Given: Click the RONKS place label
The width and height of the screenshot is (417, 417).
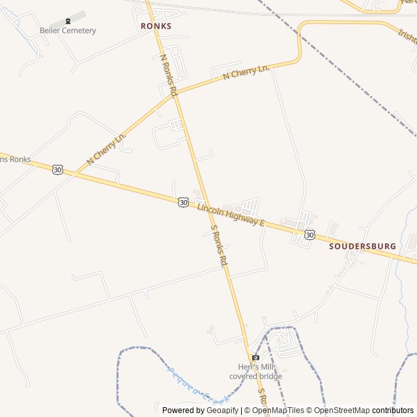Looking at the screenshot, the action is pyautogui.click(x=156, y=26).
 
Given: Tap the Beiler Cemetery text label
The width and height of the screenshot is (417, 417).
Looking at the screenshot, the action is pyautogui.click(x=68, y=31).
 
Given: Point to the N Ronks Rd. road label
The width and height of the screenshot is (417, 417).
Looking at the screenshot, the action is pyautogui.click(x=168, y=76).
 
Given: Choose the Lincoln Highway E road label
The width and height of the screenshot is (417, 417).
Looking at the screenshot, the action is pyautogui.click(x=231, y=214).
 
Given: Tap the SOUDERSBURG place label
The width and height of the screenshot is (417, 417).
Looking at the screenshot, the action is pyautogui.click(x=362, y=246).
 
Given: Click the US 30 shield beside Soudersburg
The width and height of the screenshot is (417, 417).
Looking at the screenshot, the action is pyautogui.click(x=309, y=234).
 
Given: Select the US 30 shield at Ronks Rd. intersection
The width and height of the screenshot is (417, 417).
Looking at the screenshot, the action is pyautogui.click(x=183, y=203).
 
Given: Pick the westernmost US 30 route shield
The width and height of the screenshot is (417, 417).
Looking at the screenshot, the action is pyautogui.click(x=58, y=169).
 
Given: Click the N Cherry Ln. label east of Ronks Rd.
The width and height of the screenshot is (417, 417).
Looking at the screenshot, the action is pyautogui.click(x=246, y=72).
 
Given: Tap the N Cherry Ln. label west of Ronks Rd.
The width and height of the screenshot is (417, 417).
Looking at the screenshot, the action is pyautogui.click(x=106, y=149).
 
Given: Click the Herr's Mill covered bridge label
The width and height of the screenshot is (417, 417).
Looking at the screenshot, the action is pyautogui.click(x=255, y=371).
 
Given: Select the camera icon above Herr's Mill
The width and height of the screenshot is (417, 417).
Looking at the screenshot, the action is pyautogui.click(x=255, y=357).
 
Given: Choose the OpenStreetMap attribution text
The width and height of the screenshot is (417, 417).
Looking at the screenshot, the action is pyautogui.click(x=341, y=410).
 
